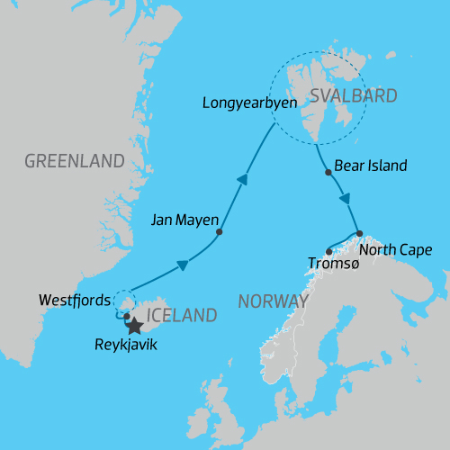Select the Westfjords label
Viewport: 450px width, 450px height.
76,300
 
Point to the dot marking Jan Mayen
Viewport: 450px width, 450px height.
220,232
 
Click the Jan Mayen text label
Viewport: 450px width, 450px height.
182,219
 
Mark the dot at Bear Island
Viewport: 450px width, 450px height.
328,172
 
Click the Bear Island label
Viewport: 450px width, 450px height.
371,166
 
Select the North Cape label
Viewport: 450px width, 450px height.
394,249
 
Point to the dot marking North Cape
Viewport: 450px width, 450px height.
358,233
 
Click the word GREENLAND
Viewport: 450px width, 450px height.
74,162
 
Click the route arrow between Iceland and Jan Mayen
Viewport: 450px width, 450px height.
183,265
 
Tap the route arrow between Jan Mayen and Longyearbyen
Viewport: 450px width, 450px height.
241,181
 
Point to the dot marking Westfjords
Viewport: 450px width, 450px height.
126,316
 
